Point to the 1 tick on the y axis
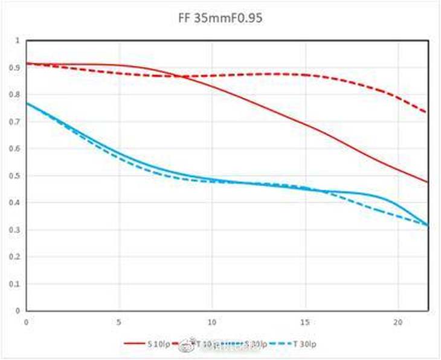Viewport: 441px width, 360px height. point(18,40)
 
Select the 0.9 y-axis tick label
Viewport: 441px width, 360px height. point(16,68)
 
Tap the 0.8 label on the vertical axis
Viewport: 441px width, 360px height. point(16,95)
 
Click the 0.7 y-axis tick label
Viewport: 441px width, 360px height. point(16,122)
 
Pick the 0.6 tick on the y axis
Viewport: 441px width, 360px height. point(16,149)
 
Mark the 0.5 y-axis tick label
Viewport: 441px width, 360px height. point(16,176)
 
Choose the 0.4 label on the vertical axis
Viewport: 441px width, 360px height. point(16,203)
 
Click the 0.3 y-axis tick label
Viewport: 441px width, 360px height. point(16,230)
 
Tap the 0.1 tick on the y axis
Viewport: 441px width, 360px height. point(16,284)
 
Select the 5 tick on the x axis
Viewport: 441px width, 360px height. point(119,321)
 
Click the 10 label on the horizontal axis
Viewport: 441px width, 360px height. point(212,321)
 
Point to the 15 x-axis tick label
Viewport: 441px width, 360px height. point(305,321)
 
